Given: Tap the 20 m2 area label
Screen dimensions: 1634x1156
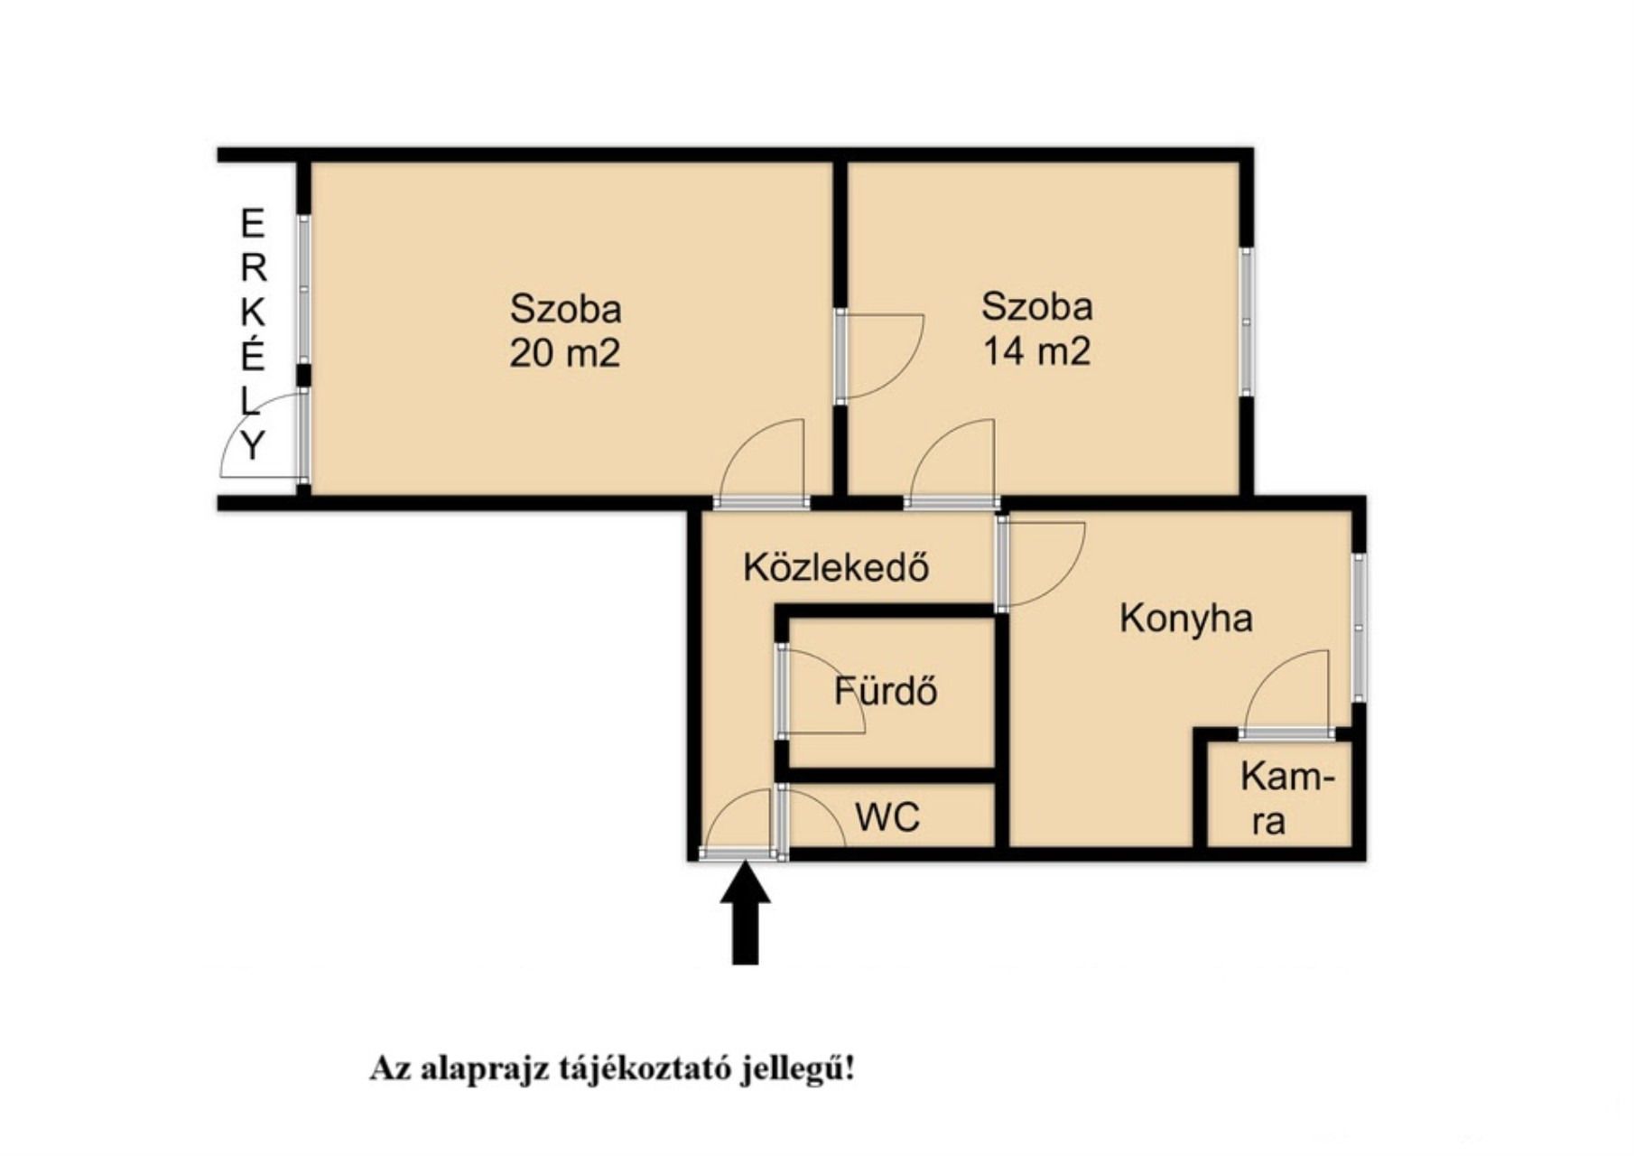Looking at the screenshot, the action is click(x=565, y=352).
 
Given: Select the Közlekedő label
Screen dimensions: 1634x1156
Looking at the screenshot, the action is click(x=836, y=567).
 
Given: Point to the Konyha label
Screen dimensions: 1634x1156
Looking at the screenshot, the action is click(x=1186, y=619).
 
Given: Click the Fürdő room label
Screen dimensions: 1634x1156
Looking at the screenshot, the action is click(x=886, y=691).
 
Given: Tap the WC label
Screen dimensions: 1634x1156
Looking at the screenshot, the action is click(x=888, y=817).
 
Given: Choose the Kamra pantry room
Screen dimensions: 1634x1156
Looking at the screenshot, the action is click(x=1280, y=795).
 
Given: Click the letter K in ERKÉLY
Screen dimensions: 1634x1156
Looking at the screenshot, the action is click(x=253, y=312).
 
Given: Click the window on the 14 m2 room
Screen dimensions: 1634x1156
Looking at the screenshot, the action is click(x=1247, y=322).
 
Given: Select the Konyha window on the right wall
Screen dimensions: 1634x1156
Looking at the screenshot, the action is click(x=1359, y=627).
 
